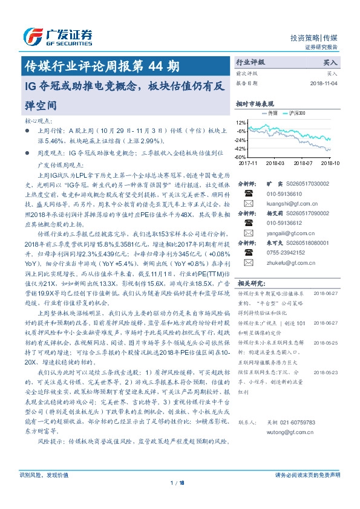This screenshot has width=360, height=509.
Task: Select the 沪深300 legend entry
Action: point(296,113)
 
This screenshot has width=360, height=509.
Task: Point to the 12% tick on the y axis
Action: point(242,122)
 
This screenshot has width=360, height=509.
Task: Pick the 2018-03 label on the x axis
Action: point(275,163)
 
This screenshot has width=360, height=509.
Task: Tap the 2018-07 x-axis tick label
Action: point(303,163)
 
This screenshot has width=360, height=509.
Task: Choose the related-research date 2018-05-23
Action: point(327,372)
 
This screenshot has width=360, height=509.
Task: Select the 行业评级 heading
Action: point(250,62)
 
